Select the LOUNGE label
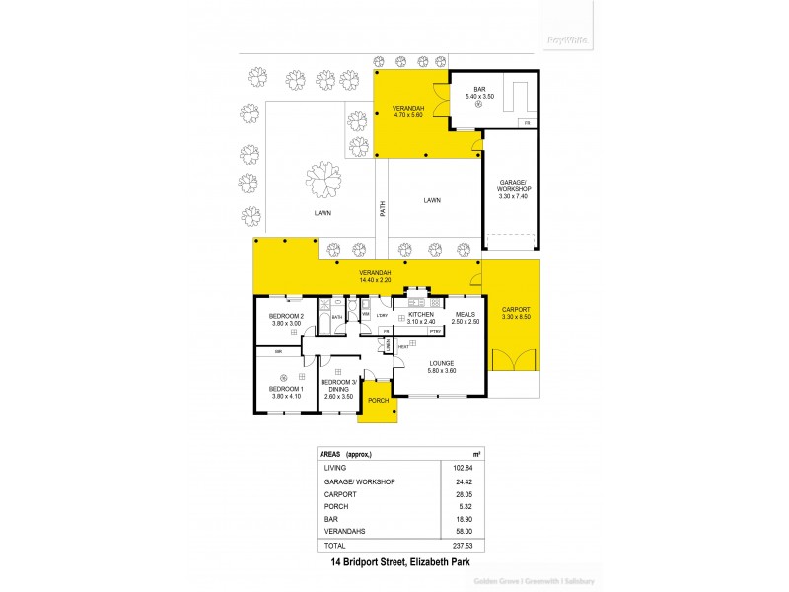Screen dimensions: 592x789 click(x=441, y=363)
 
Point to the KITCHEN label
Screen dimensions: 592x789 click(x=421, y=315)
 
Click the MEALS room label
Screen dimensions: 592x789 click(x=466, y=315)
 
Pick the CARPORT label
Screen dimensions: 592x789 click(x=516, y=310)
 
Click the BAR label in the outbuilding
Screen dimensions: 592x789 click(x=479, y=90)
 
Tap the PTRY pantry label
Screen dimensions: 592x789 click(x=434, y=332)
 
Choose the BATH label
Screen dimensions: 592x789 click(x=336, y=317)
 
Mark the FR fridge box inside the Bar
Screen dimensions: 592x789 click(x=528, y=122)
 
